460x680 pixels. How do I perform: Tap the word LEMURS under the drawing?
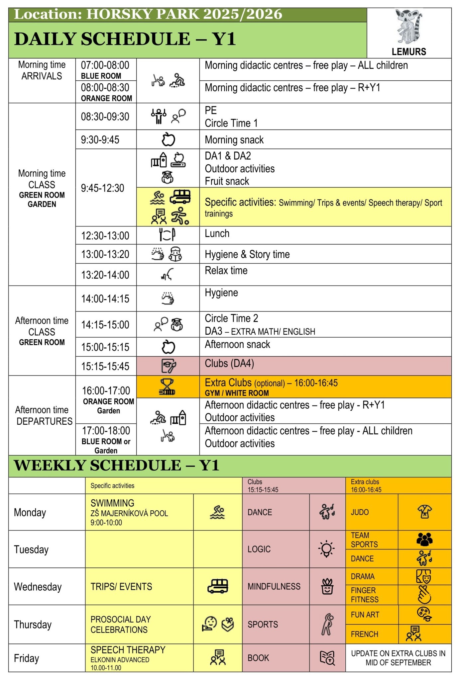409,51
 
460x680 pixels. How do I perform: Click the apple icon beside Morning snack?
168,139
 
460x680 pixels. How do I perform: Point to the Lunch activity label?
217,233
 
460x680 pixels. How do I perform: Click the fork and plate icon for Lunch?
167,235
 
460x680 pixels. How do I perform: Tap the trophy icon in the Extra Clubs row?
167,387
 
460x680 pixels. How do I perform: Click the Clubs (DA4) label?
229,364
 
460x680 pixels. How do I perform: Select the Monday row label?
30,512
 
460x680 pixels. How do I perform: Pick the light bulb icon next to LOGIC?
326,549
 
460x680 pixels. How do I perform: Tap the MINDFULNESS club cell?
274,586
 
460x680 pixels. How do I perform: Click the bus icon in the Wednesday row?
218,586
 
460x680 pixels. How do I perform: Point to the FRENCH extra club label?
365,634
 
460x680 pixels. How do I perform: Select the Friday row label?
27,658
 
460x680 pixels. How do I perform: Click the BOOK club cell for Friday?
258,658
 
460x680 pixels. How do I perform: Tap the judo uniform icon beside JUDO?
424,512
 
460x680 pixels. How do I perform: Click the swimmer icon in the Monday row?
217,512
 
